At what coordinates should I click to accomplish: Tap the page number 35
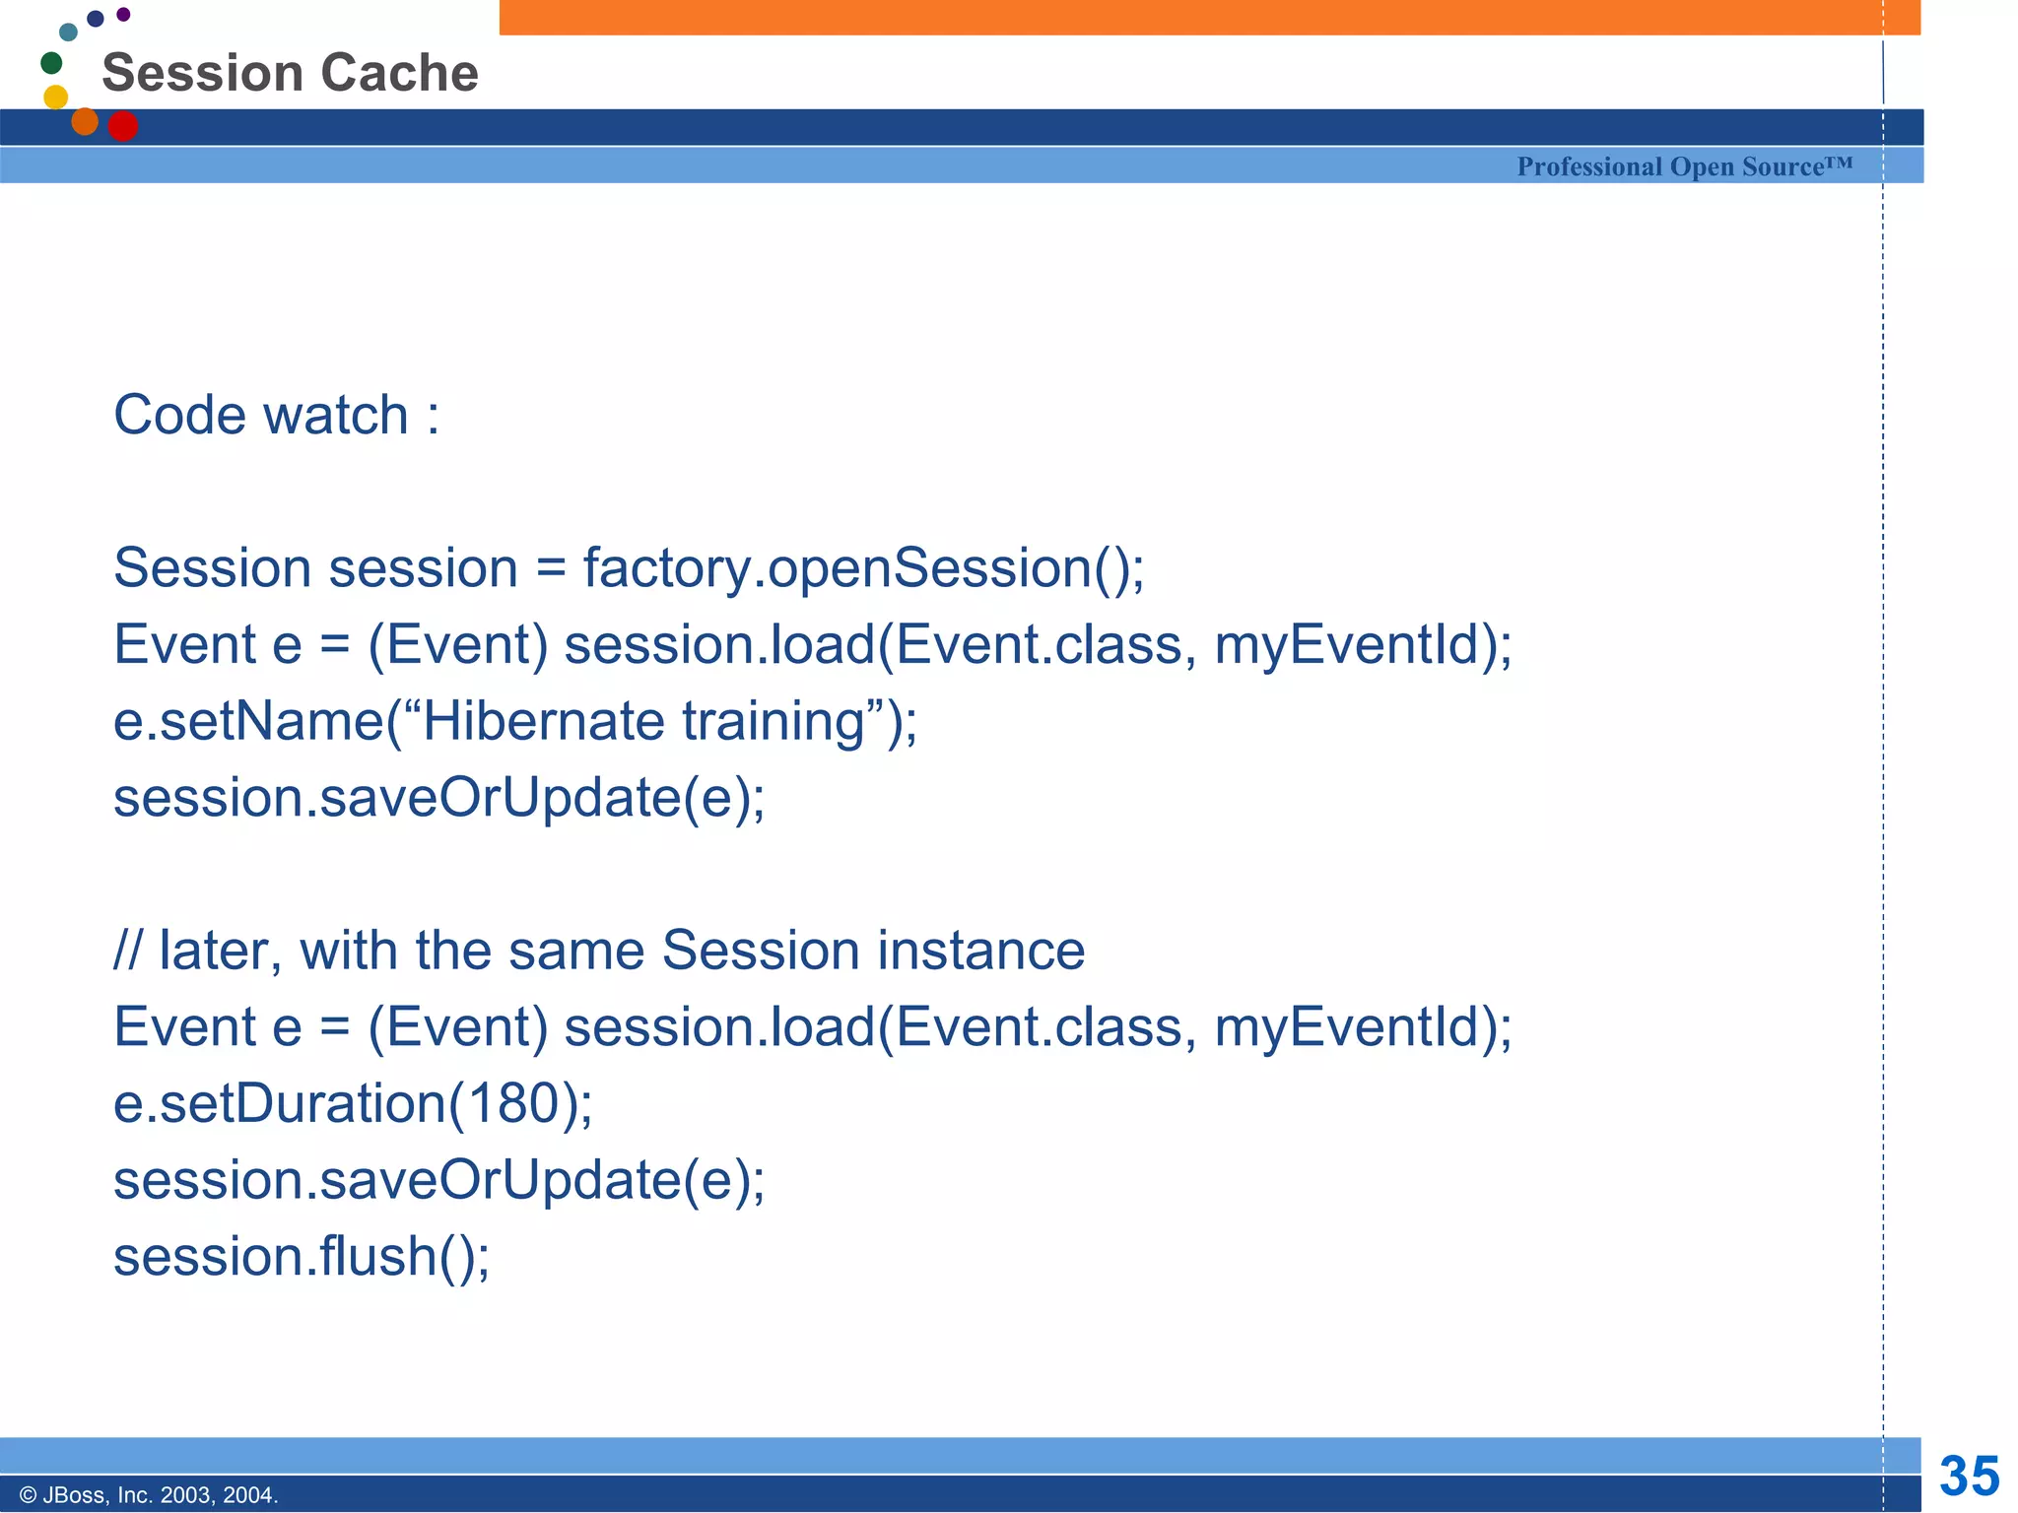[x=1969, y=1476]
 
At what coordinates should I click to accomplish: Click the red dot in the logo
[x=122, y=126]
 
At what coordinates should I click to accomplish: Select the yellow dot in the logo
[x=56, y=97]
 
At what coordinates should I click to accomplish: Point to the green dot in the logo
[x=51, y=63]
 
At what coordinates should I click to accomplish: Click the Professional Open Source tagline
[x=1684, y=166]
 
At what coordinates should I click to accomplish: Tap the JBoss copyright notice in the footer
[x=149, y=1495]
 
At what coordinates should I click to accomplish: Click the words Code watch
[x=260, y=415]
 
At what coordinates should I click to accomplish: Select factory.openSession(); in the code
[x=863, y=568]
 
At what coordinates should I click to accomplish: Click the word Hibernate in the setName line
[x=543, y=721]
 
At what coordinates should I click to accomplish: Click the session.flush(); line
[x=302, y=1257]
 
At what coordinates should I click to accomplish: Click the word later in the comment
[x=213, y=951]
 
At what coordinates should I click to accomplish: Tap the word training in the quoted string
[x=773, y=721]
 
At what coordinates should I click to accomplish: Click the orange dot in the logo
[x=85, y=121]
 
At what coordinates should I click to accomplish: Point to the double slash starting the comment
[x=128, y=951]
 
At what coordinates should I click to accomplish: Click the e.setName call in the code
[x=246, y=721]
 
